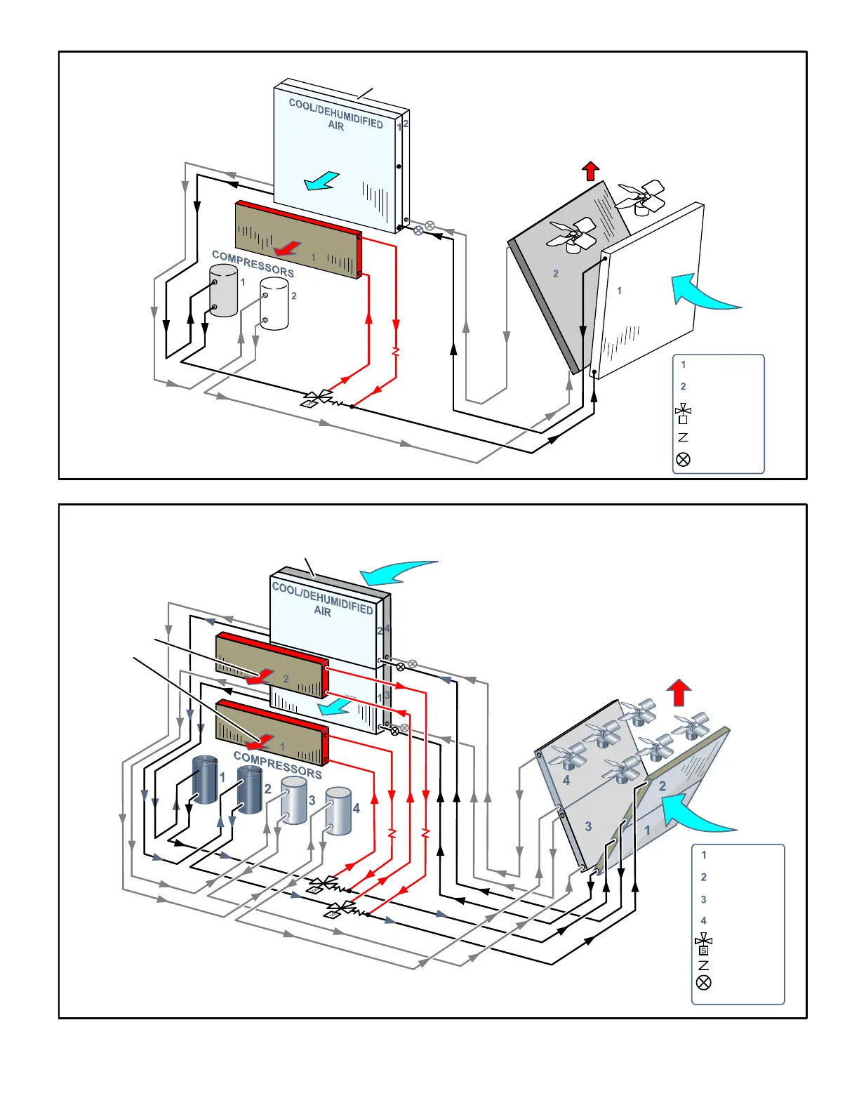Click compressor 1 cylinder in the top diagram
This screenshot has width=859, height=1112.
(x=224, y=291)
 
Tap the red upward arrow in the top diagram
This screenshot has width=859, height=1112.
(x=591, y=171)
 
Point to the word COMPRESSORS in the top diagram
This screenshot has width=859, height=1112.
(x=253, y=263)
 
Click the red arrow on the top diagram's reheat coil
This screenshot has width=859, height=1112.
(x=287, y=248)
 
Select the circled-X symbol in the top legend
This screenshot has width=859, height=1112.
(x=683, y=459)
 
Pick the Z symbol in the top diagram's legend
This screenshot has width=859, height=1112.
(x=683, y=437)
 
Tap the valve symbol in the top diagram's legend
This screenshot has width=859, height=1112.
(x=683, y=413)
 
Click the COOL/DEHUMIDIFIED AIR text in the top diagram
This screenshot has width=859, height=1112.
(x=336, y=114)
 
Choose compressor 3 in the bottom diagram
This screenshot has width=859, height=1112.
(x=294, y=800)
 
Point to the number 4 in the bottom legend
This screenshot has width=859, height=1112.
(x=704, y=920)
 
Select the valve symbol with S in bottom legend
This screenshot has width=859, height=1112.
(x=703, y=944)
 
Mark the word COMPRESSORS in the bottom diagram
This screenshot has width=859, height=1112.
(x=277, y=765)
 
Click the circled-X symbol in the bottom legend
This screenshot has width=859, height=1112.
(x=703, y=982)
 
